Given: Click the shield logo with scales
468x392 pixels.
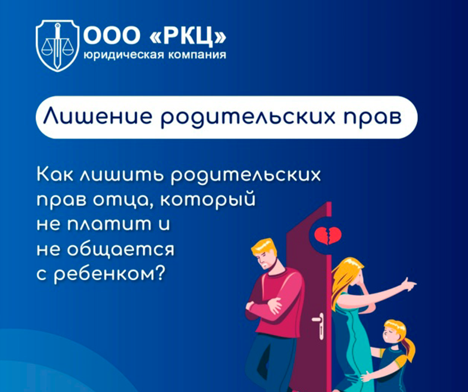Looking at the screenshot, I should click(x=57, y=46).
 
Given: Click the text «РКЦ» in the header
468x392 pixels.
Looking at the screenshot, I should click(x=188, y=36).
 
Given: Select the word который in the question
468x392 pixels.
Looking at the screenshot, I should click(x=208, y=200).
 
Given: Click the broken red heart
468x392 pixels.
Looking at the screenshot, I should click(x=328, y=235).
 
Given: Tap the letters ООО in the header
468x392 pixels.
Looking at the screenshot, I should click(x=112, y=36).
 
